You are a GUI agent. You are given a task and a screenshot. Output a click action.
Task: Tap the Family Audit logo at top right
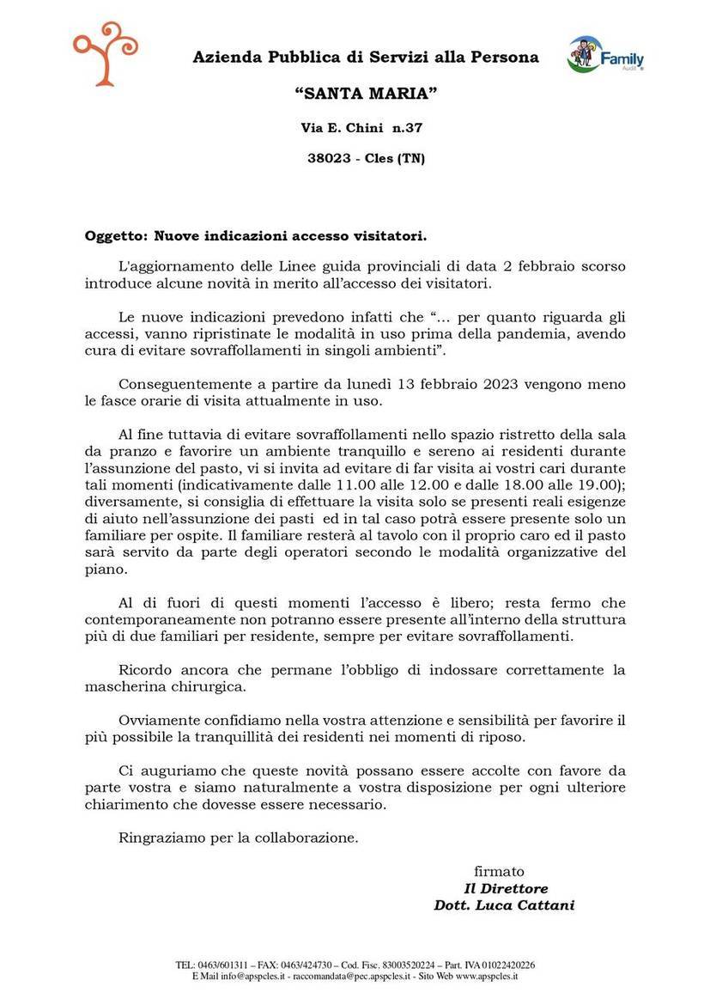coord(605,56)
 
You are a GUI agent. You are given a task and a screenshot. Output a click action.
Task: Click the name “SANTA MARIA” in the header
coord(366,92)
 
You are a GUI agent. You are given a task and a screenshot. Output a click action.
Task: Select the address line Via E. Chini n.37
coord(361,127)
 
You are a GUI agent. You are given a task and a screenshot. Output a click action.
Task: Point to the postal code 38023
coord(327,158)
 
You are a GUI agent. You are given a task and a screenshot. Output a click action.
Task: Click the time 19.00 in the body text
coord(597,485)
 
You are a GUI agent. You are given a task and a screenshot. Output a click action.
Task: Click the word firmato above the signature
coord(499,871)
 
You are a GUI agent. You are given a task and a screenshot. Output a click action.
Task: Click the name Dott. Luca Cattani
coord(504,904)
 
